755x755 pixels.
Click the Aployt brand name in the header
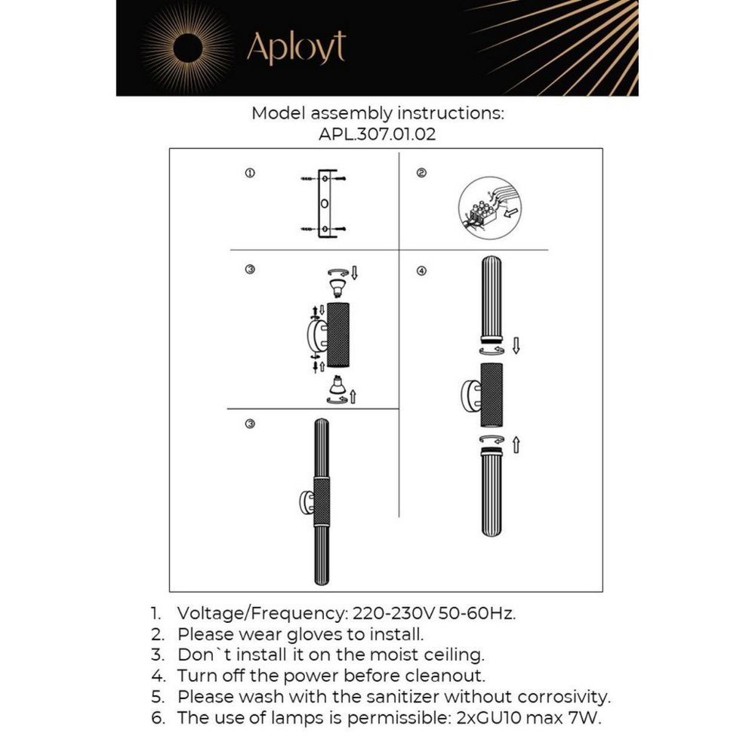pyautogui.click(x=296, y=48)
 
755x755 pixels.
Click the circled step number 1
pyautogui.click(x=250, y=174)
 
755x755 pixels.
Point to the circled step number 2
pyautogui.click(x=421, y=174)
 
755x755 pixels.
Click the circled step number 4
pyautogui.click(x=421, y=271)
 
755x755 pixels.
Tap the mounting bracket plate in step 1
pyautogui.click(x=324, y=204)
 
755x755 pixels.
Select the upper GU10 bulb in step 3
pyautogui.click(x=336, y=286)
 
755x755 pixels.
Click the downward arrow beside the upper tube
pyautogui.click(x=516, y=347)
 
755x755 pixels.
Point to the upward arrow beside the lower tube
pyautogui.click(x=516, y=444)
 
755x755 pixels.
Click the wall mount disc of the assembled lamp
pyautogui.click(x=307, y=502)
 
